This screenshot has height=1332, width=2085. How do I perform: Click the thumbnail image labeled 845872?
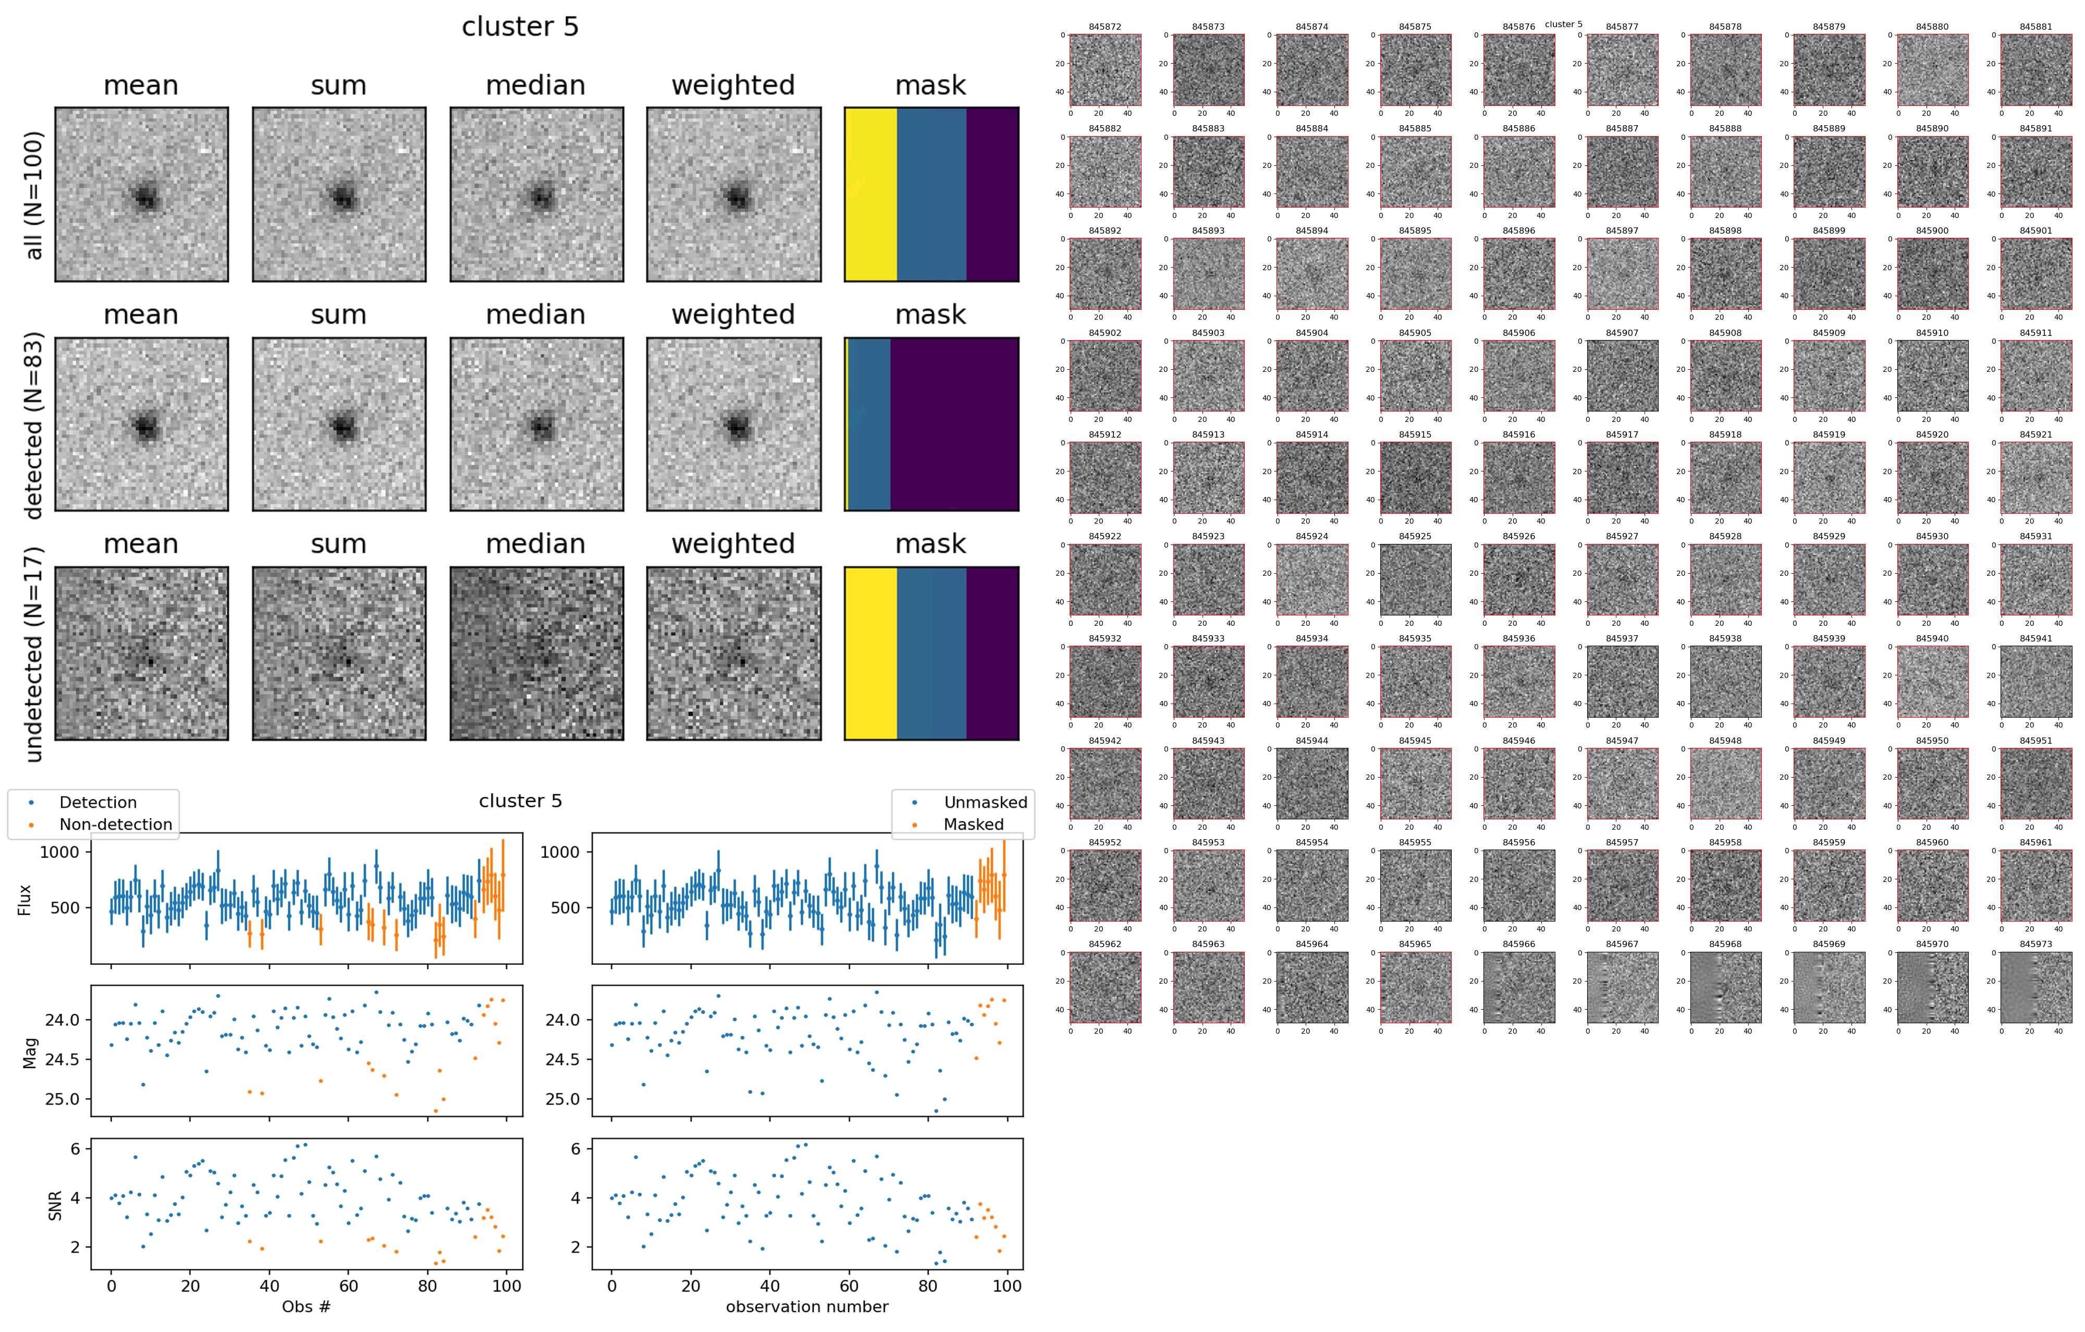1105,70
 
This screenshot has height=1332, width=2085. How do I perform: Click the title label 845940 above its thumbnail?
1932,638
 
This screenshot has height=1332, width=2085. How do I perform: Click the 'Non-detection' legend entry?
115,825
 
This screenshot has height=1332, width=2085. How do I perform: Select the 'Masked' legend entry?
973,825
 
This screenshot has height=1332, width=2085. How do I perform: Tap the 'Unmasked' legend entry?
985,802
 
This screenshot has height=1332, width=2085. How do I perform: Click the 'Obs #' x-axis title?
306,1306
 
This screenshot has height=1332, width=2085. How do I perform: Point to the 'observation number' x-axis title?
807,1306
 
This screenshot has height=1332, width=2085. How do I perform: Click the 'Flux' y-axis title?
25,899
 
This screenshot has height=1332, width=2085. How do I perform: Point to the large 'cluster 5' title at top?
520,27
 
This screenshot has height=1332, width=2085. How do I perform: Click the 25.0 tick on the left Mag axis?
63,1099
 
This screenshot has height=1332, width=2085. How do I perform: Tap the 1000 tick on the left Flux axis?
59,852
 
